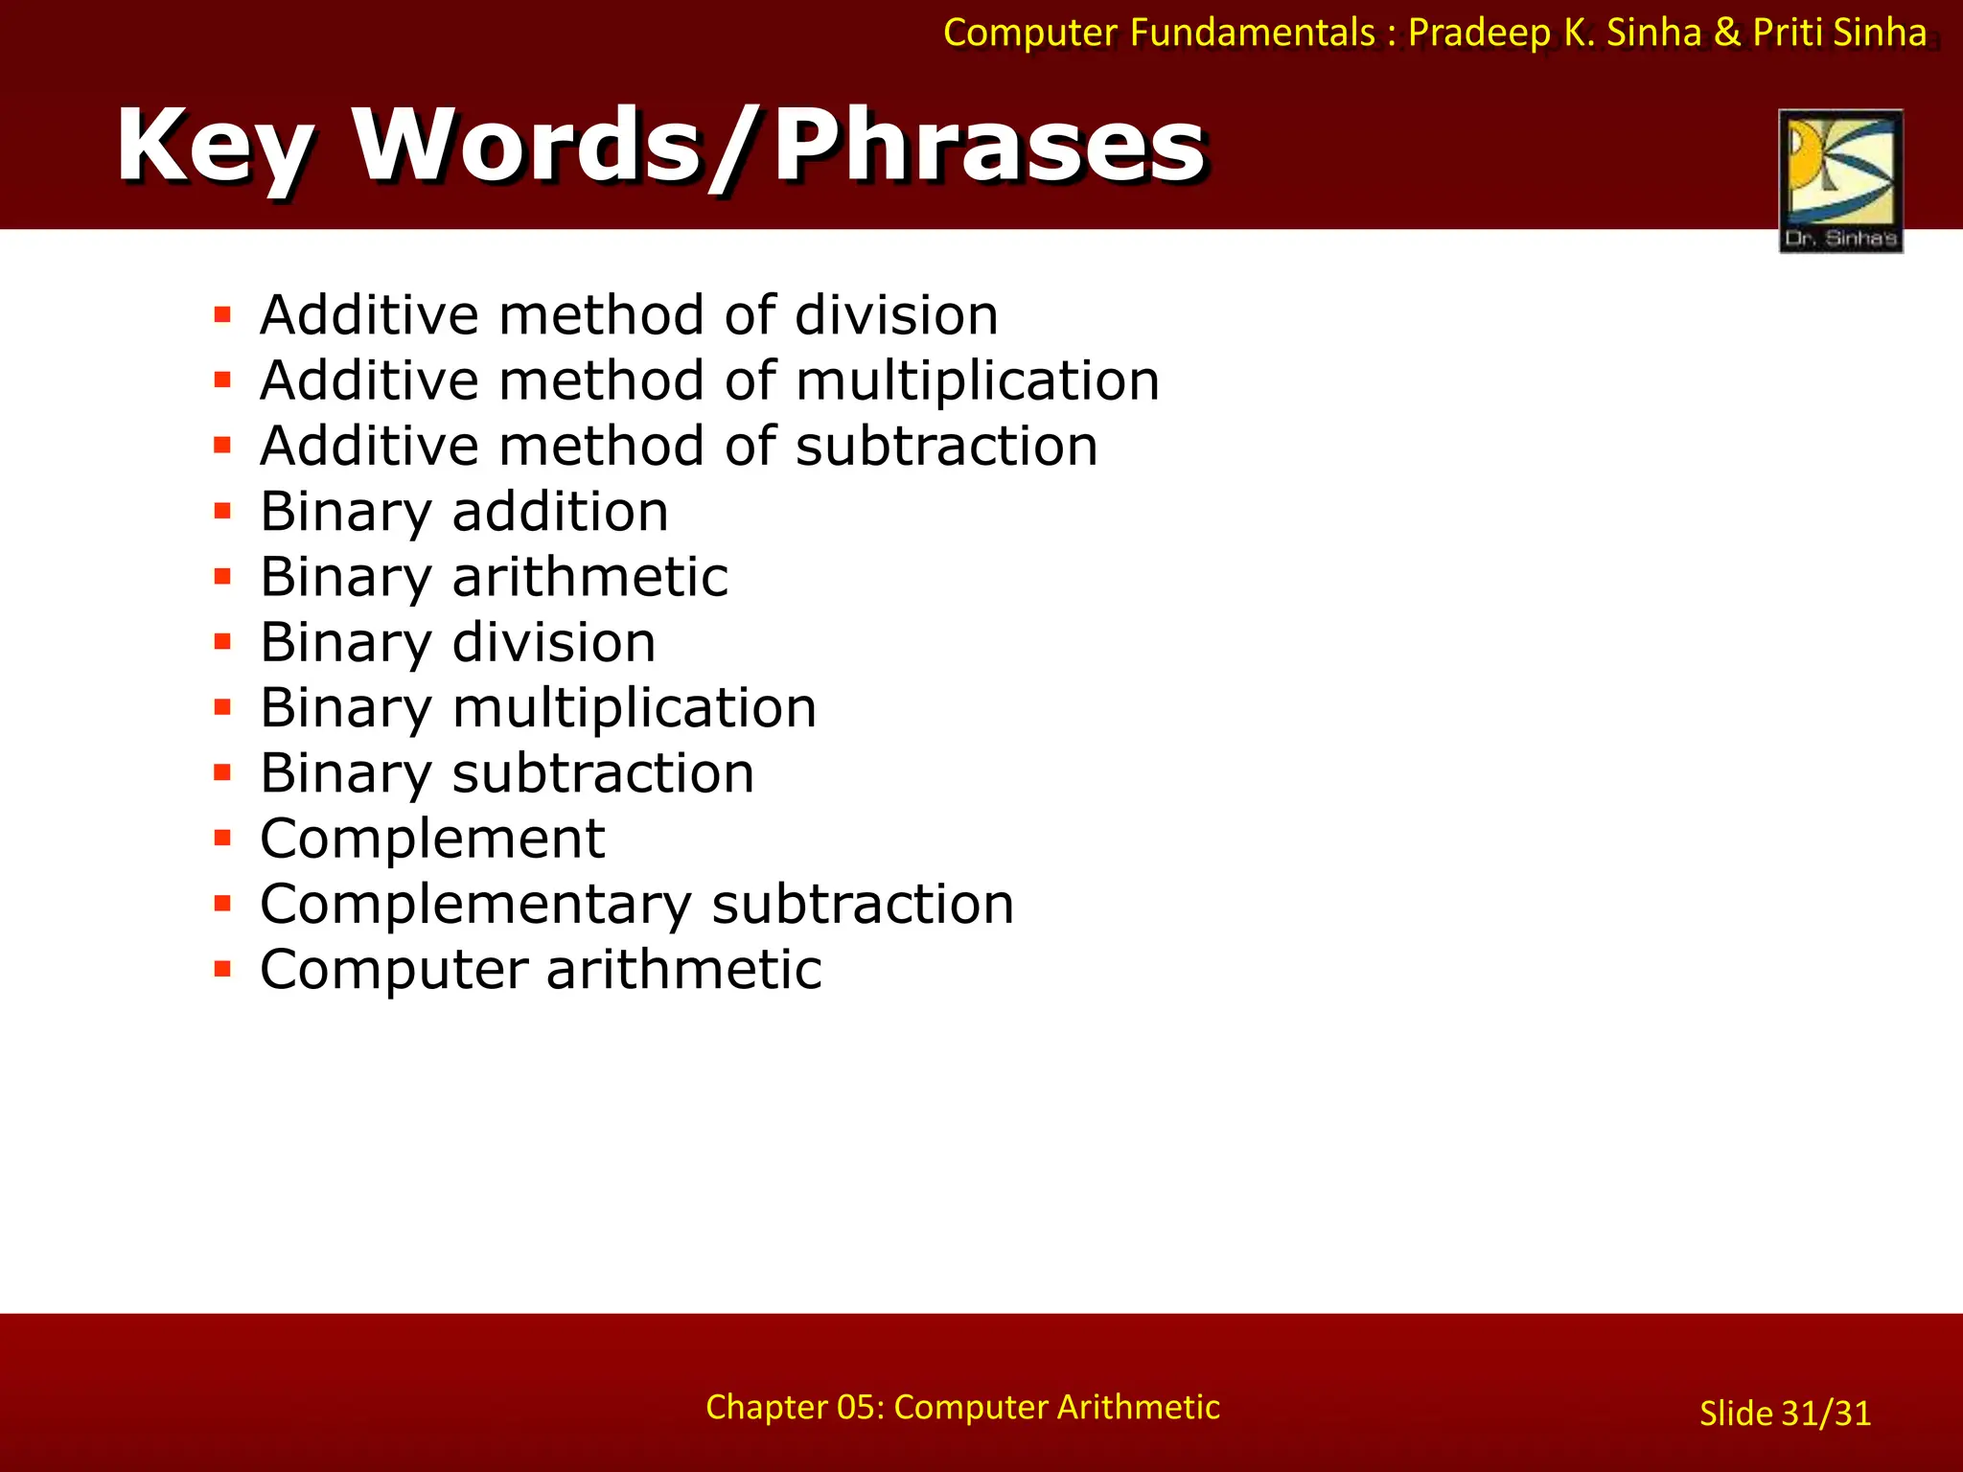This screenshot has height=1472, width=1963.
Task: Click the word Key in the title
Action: [215, 146]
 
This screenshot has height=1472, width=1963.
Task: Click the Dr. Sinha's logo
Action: [1840, 180]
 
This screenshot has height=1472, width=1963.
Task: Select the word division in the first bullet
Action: [896, 315]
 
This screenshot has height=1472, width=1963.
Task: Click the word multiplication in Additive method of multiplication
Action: [978, 380]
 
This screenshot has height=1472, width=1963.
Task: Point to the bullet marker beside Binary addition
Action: [223, 511]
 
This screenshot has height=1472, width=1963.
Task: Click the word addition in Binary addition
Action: [561, 511]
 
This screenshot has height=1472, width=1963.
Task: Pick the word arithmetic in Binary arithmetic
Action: [589, 577]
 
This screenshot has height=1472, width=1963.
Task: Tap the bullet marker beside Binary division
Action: [223, 642]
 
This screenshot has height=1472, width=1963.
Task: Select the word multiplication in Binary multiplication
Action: [635, 708]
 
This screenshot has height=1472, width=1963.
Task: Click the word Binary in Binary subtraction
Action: [346, 773]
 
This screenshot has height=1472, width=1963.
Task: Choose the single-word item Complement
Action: [432, 839]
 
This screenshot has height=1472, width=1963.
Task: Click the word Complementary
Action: [475, 904]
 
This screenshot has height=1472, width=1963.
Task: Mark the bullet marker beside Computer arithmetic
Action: [223, 970]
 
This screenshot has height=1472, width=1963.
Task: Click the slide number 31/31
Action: [1826, 1414]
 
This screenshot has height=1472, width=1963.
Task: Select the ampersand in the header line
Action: [1726, 33]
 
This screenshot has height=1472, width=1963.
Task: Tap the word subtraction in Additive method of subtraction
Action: [947, 447]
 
